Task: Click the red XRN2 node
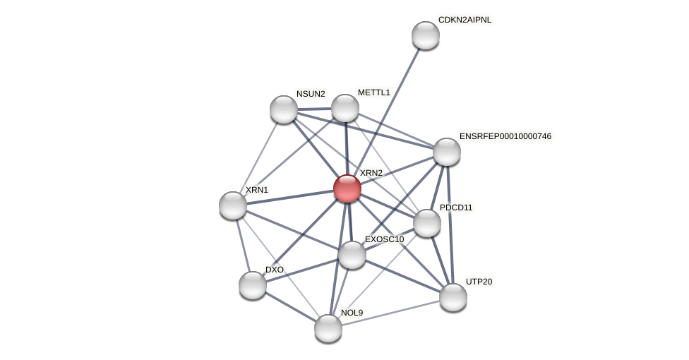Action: point(347,188)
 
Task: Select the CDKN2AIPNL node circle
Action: point(425,35)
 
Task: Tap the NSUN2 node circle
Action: point(283,109)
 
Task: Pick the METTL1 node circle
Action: point(344,108)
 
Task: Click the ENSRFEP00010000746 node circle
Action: point(446,152)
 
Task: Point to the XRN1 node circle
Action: point(232,205)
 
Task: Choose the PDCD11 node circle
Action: point(426,223)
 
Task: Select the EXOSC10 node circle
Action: point(352,255)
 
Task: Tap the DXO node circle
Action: point(252,285)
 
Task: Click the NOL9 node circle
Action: point(328,328)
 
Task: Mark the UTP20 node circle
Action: point(453,297)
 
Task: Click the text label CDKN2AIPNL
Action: point(465,20)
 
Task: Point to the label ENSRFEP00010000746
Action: point(505,136)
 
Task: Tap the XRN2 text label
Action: point(371,173)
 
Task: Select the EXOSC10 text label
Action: point(384,239)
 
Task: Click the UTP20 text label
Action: point(479,282)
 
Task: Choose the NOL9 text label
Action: point(352,313)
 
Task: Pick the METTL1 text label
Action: point(373,92)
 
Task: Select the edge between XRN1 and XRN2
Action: point(289,197)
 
